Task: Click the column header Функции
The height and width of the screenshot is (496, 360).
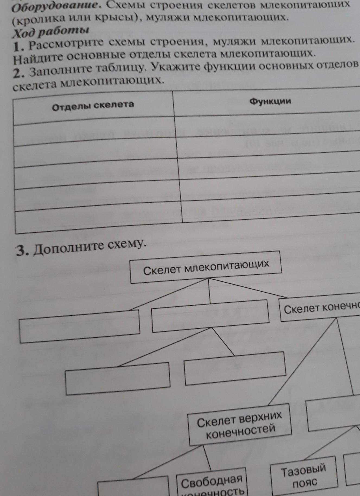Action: pyautogui.click(x=270, y=101)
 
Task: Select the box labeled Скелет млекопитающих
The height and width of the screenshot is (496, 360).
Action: pyautogui.click(x=206, y=267)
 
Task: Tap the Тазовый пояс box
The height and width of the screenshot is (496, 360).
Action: pyautogui.click(x=304, y=475)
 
